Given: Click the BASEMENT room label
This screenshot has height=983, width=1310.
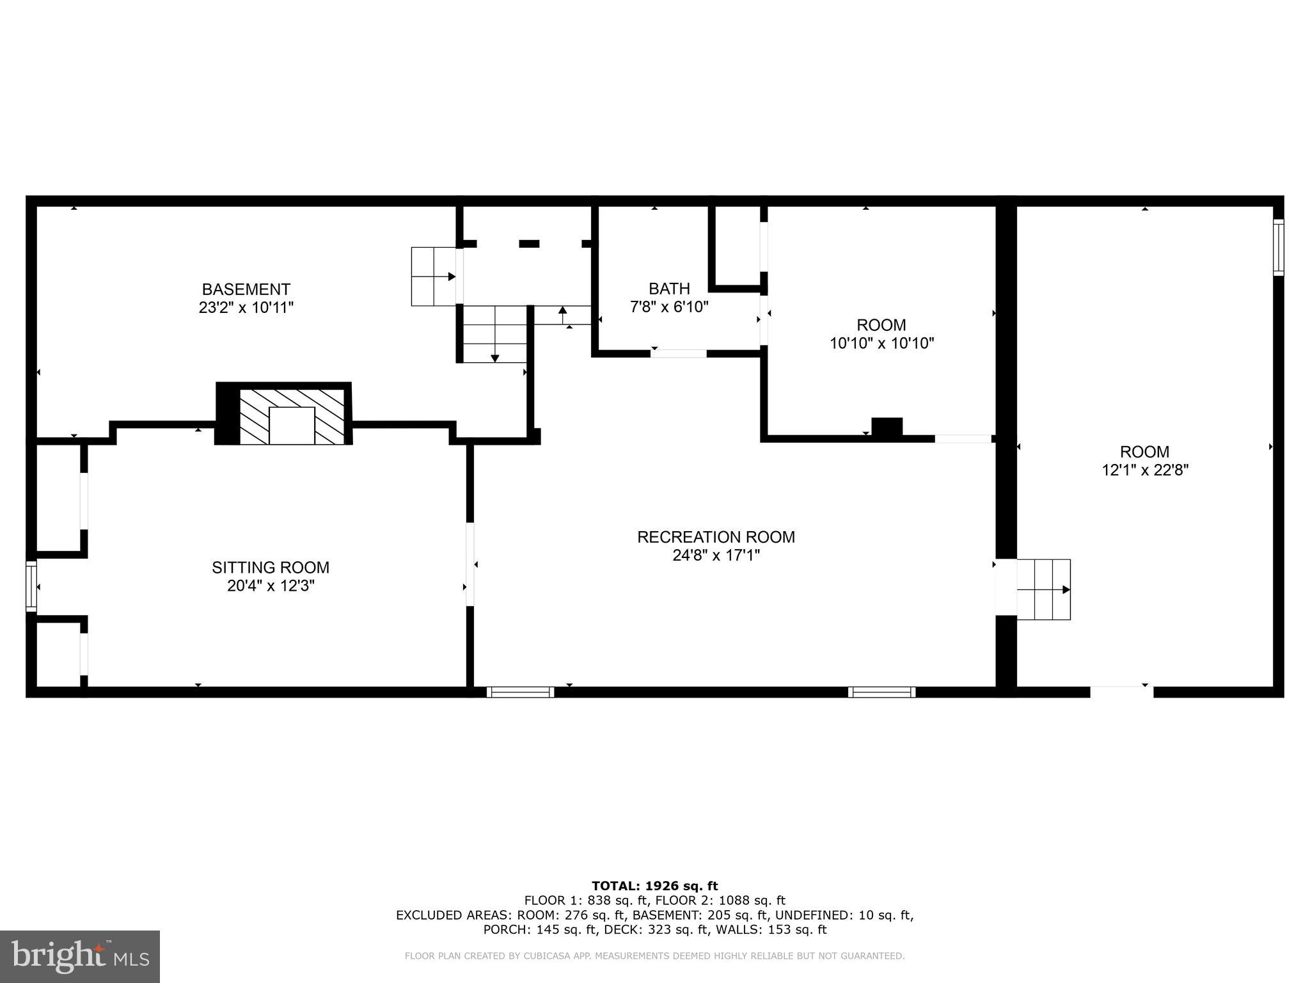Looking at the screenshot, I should (246, 289).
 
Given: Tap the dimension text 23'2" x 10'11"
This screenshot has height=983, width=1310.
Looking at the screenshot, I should (246, 308).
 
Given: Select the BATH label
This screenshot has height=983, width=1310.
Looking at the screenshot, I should (669, 289).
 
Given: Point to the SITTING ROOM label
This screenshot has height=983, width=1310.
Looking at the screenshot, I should (271, 568).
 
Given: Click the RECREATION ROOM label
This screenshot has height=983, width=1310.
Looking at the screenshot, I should (716, 537).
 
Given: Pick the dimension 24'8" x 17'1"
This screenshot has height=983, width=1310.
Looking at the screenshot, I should (716, 555).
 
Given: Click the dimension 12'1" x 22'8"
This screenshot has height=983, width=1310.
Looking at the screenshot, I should (1144, 470).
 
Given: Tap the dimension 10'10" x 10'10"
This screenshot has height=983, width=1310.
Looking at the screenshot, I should (881, 344).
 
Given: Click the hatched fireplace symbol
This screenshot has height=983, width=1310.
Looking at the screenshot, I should (292, 416).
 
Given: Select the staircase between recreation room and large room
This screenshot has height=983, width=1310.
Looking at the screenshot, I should (1043, 589).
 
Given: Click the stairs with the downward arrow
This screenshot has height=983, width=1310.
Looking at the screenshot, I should (494, 334).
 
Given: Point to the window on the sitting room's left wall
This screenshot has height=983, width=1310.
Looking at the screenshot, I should (31, 586).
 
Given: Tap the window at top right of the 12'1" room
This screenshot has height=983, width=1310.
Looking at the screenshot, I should (1278, 247).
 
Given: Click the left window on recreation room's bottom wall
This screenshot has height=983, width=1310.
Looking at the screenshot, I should (520, 692).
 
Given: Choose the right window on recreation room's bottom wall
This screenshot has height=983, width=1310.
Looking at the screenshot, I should (881, 692).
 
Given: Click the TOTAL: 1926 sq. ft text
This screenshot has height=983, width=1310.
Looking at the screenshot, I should (654, 886).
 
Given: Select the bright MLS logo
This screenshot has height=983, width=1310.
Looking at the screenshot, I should (80, 956).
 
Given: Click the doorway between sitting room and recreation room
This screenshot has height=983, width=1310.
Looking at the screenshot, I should (470, 564).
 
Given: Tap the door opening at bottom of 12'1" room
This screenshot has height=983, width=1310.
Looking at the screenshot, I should (1121, 691).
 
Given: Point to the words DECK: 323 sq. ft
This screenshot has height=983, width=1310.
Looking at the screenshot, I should (653, 930).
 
